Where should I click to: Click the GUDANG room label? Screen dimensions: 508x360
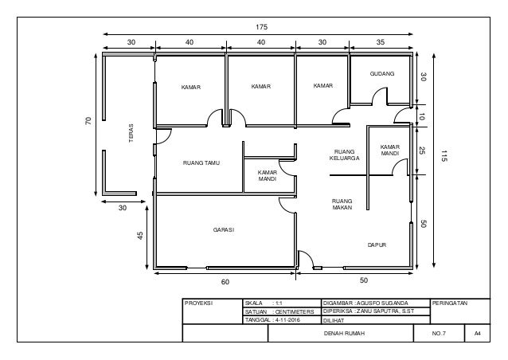[x=382, y=74]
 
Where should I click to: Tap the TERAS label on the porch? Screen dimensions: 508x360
[x=131, y=133]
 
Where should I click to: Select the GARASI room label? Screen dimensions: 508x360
[x=224, y=229]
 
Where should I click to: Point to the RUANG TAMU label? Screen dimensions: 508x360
[x=201, y=163]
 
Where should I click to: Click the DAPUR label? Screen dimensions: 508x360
[x=377, y=245]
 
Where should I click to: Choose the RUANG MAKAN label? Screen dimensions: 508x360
[x=342, y=204]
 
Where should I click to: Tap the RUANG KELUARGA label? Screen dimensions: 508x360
[x=345, y=155]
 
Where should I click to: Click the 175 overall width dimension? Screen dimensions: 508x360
[x=261, y=27]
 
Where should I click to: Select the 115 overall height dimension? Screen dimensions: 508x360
[x=444, y=157]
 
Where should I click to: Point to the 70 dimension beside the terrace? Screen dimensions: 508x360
[x=88, y=121]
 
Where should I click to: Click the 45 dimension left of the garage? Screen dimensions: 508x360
[x=140, y=235]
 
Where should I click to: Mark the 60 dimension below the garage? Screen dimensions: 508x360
[x=225, y=282]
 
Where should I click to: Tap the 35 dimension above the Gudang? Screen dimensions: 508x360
[x=381, y=42]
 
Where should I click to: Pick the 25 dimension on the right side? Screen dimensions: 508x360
[x=422, y=151]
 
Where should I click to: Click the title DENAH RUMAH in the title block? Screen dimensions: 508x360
[x=344, y=333]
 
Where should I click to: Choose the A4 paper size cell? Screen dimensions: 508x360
[x=477, y=333]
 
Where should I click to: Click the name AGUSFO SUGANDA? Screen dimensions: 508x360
[x=383, y=303]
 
